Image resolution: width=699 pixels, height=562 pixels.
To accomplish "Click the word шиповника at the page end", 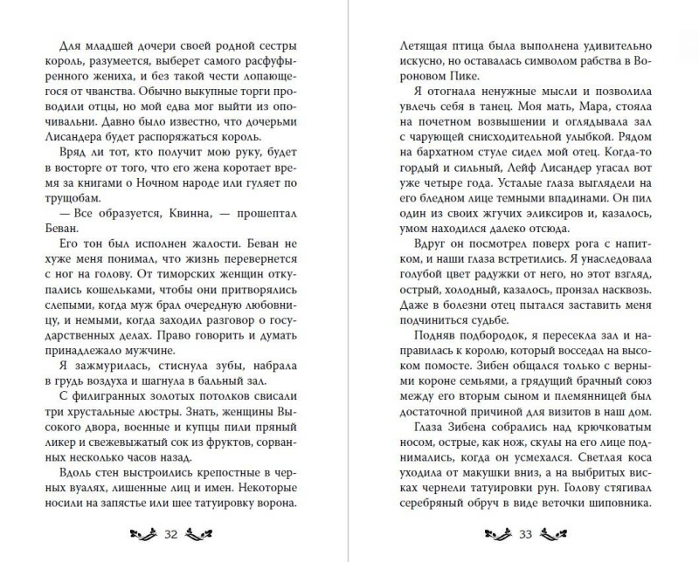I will coord(617,504).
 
